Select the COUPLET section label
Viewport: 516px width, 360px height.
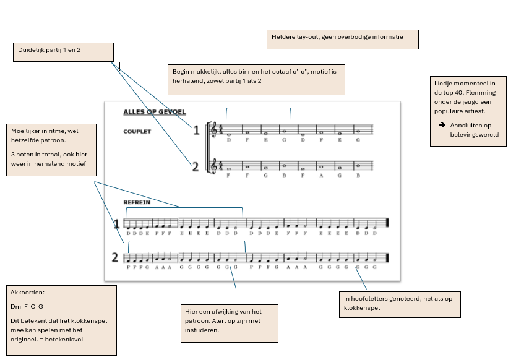(x=137, y=131)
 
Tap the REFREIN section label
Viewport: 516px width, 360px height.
(x=137, y=202)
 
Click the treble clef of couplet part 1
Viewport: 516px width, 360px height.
(x=215, y=129)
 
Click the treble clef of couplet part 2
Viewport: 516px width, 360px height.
(x=215, y=165)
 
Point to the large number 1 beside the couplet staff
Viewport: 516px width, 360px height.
(x=196, y=130)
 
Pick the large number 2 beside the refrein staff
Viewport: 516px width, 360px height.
(x=115, y=257)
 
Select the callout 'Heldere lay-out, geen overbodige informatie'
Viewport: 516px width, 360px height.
(x=342, y=39)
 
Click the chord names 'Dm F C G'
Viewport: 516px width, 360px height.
(x=27, y=307)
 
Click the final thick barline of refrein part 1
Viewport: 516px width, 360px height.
(x=387, y=224)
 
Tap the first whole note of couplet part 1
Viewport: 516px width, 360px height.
(x=228, y=134)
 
